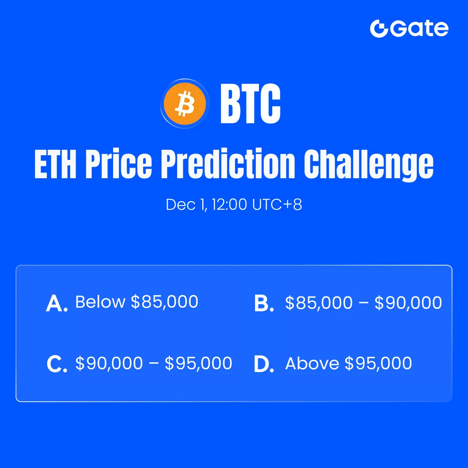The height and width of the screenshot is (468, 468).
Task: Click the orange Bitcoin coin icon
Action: [185, 104]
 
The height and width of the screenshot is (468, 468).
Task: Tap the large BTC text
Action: [250, 104]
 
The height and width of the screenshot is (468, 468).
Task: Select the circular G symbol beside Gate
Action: [379, 28]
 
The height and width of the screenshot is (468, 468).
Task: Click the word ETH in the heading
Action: [55, 164]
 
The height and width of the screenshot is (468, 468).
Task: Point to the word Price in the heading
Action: [119, 164]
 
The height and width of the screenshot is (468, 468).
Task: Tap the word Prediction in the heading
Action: [228, 164]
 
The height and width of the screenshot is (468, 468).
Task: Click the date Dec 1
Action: [186, 204]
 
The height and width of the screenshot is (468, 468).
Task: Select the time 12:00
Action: [229, 204]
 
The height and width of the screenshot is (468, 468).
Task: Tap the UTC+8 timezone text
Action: [277, 204]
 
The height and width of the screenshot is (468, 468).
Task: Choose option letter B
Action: [264, 303]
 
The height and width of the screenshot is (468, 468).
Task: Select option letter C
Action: [57, 364]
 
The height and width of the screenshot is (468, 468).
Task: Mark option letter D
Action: [264, 364]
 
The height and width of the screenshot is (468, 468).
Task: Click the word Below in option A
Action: [100, 302]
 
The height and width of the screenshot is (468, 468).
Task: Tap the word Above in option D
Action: [312, 363]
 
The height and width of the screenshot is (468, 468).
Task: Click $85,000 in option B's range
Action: [319, 303]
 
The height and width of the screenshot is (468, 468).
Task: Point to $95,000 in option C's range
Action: [199, 363]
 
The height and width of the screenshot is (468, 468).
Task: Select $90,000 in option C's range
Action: [109, 363]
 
